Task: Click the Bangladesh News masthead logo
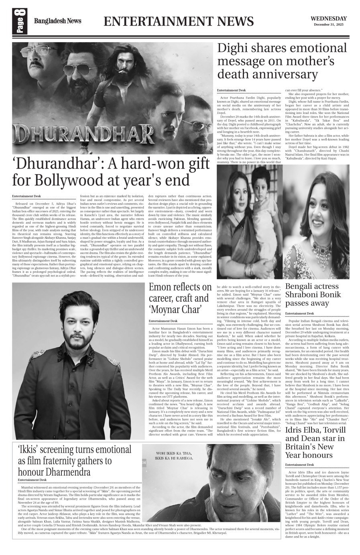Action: coord(57,21)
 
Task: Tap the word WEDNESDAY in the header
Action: coord(328,18)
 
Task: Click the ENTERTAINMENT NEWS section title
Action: coord(179,21)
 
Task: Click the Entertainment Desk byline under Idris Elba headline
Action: coord(299,465)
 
